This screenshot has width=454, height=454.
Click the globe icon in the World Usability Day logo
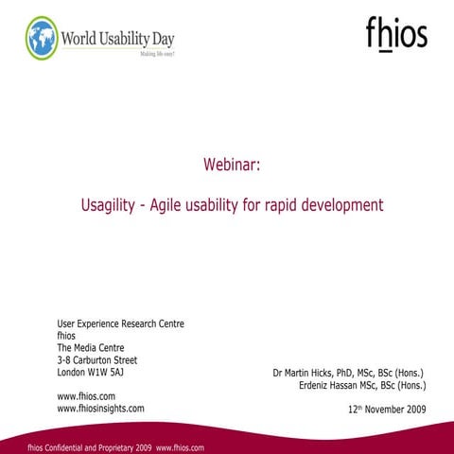[42, 38]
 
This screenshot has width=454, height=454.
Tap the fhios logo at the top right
[396, 34]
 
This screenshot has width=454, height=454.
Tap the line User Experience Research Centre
[120, 323]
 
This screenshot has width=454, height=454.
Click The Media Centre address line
[91, 348]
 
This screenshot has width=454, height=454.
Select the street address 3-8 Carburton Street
[97, 360]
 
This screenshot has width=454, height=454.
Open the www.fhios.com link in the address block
[86, 396]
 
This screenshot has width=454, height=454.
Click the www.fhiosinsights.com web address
[100, 409]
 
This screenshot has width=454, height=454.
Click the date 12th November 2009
[387, 410]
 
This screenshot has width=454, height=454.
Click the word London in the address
[73, 373]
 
